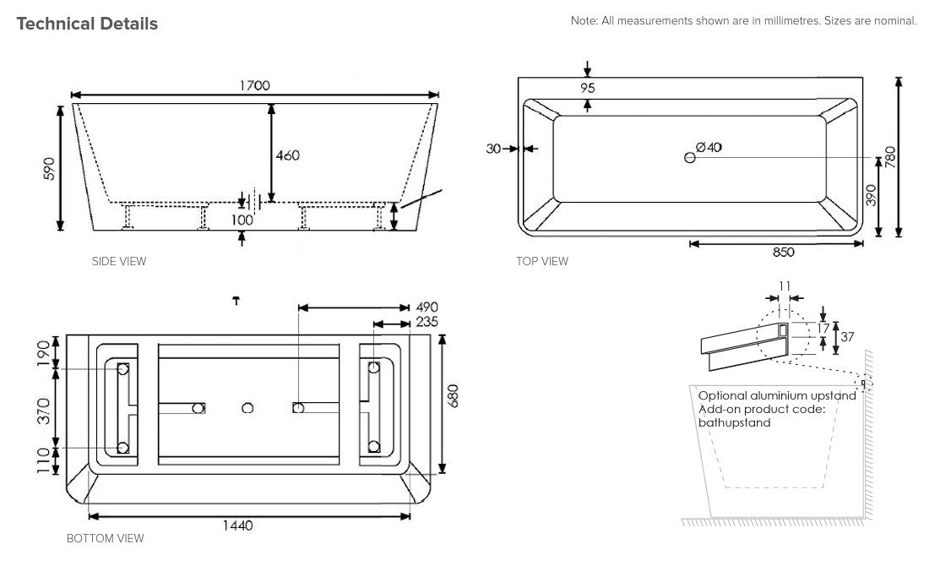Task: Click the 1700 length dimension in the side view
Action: point(254,85)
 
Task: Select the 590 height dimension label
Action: point(50,168)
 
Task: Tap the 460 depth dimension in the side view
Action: point(288,155)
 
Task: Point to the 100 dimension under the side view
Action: point(243,220)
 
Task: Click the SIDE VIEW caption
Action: point(118,261)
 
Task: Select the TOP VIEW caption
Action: point(542,261)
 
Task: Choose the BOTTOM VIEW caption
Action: point(105,538)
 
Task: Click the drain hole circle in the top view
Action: point(689,157)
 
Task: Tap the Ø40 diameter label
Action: point(709,147)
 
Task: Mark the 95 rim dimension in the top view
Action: point(588,87)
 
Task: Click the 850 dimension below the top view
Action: point(782,252)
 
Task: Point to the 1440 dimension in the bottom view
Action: point(238,525)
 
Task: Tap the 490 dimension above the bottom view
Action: point(427,307)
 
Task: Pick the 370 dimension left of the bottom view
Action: point(45,409)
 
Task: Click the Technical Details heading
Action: point(87,24)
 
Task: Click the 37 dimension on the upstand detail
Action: point(847,336)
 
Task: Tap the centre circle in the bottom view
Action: point(247,408)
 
